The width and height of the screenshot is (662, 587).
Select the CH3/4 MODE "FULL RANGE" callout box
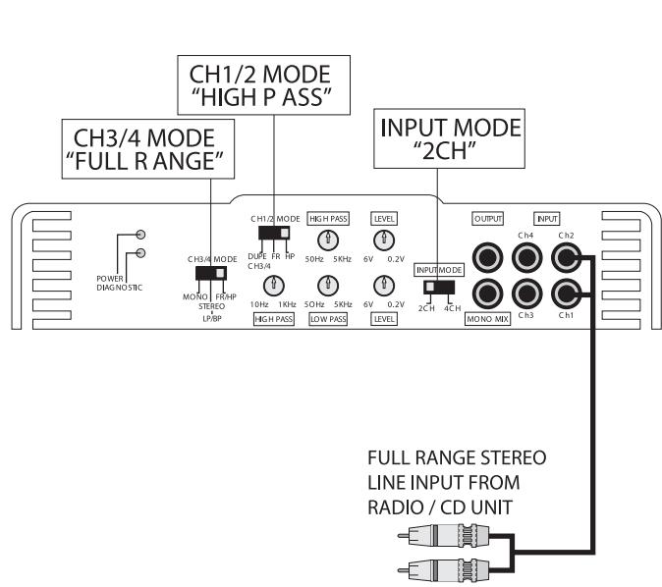click(x=147, y=148)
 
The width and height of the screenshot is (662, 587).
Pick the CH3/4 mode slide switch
click(x=211, y=274)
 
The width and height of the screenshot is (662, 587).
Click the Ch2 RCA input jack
click(x=565, y=258)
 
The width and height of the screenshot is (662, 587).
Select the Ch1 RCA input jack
click(x=565, y=293)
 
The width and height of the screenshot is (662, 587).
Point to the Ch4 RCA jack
click(x=526, y=258)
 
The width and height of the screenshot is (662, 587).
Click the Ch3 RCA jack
click(x=526, y=293)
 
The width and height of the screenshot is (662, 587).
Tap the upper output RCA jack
click(x=488, y=258)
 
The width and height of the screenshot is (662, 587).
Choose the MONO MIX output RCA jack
click(x=488, y=293)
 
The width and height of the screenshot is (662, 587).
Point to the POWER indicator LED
click(x=142, y=236)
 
